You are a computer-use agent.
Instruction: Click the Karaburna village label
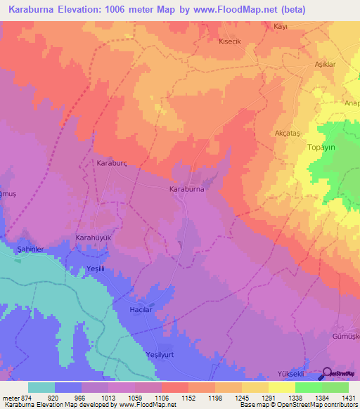(187, 189)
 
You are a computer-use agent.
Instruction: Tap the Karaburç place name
(110, 162)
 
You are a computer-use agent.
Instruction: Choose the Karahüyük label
(94, 238)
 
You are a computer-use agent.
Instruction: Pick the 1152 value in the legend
(187, 398)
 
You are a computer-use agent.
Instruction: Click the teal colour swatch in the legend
(41, 387)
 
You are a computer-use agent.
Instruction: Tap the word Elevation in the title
(83, 10)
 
